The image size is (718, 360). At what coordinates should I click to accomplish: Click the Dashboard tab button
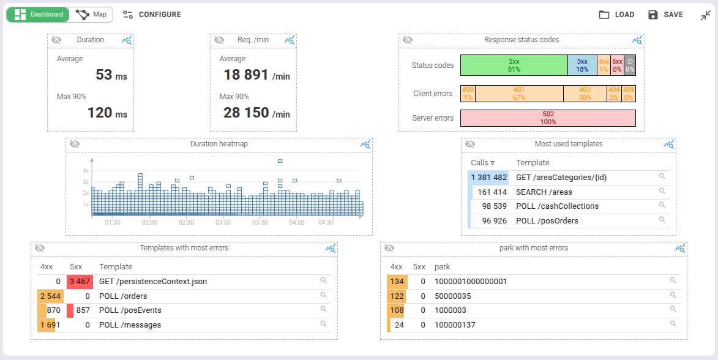pyautogui.click(x=38, y=15)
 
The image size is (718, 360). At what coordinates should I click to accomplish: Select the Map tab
pyautogui.click(x=91, y=15)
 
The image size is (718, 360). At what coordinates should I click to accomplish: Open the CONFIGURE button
pyautogui.click(x=152, y=15)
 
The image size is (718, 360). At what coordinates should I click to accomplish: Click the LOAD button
pyautogui.click(x=616, y=15)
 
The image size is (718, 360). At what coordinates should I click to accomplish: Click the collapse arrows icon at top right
pyautogui.click(x=706, y=15)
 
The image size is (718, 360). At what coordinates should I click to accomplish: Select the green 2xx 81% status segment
pyautogui.click(x=514, y=66)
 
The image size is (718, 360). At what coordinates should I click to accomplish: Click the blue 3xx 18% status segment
pyautogui.click(x=582, y=66)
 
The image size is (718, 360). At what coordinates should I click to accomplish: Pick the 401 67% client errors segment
pyautogui.click(x=519, y=94)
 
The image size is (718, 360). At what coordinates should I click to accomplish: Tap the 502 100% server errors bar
pyautogui.click(x=548, y=118)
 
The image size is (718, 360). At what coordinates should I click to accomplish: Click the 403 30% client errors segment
pyautogui.click(x=585, y=94)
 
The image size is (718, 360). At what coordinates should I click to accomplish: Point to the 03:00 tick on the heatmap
pyautogui.click(x=223, y=223)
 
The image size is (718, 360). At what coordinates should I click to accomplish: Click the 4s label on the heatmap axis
pyautogui.click(x=86, y=171)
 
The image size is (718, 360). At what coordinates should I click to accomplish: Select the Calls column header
pyautogui.click(x=482, y=163)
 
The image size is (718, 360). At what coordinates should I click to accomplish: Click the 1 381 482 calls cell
pyautogui.click(x=488, y=178)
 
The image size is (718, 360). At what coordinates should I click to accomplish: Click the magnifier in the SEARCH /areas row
pyautogui.click(x=662, y=191)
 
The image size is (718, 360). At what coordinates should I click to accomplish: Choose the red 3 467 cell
pyautogui.click(x=80, y=282)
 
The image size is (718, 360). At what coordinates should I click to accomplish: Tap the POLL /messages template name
pyautogui.click(x=130, y=325)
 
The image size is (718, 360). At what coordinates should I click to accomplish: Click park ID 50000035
pyautogui.click(x=452, y=296)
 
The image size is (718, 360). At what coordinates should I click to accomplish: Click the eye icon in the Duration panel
pyautogui.click(x=56, y=40)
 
